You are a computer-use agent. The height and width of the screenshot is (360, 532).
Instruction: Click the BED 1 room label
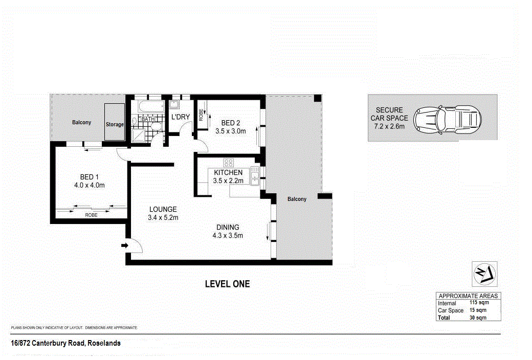pyautogui.click(x=89, y=177)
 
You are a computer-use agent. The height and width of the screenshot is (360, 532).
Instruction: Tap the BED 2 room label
pyautogui.click(x=231, y=123)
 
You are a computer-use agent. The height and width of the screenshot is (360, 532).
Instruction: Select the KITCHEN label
pyautogui.click(x=228, y=172)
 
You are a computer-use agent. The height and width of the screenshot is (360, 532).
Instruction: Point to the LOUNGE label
pyautogui.click(x=163, y=209)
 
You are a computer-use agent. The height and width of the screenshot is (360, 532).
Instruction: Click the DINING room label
pyautogui.click(x=228, y=228)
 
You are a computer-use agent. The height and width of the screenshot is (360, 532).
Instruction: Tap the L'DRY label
pyautogui.click(x=181, y=117)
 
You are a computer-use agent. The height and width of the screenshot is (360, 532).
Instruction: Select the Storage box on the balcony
pyautogui.click(x=115, y=122)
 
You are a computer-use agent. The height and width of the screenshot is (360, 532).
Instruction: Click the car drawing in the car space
pyautogui.click(x=447, y=119)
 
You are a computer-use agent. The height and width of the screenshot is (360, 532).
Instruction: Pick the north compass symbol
pyautogui.click(x=484, y=274)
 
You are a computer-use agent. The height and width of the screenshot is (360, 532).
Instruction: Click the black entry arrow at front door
pyautogui.click(x=125, y=245)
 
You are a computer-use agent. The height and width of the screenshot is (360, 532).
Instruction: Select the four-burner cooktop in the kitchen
pyautogui.click(x=228, y=163)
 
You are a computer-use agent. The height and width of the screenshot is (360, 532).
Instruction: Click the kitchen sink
pyautogui.click(x=255, y=176)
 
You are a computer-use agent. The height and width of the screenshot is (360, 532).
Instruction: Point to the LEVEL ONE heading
pyautogui.click(x=227, y=284)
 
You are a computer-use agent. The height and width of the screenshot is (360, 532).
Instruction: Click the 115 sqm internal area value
pyautogui.click(x=479, y=302)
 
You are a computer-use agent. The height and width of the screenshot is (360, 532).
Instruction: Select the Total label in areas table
pyautogui.click(x=444, y=318)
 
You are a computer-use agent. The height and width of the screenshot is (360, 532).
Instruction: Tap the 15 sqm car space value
pyautogui.click(x=478, y=310)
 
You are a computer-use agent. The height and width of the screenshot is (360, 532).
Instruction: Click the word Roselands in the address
pyautogui.click(x=104, y=343)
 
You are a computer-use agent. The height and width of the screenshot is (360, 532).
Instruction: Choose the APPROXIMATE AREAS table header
pyautogui.click(x=468, y=296)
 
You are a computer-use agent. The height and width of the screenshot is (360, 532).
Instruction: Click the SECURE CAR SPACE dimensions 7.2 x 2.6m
pyautogui.click(x=389, y=126)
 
